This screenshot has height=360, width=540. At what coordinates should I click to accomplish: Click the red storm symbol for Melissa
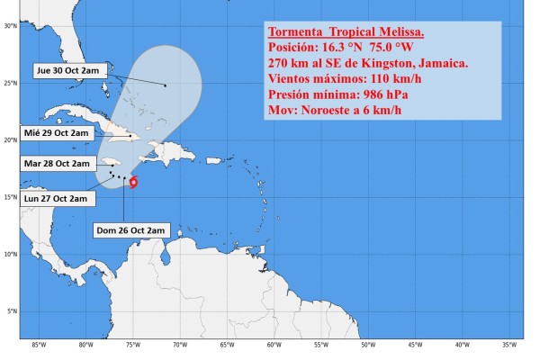[133, 183]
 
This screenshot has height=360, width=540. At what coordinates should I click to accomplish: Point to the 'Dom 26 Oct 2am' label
[130, 230]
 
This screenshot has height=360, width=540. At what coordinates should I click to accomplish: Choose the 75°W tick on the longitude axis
[132, 345]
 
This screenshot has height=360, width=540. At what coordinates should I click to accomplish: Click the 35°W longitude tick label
[508, 345]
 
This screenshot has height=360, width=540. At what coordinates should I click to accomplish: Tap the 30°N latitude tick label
[10, 26]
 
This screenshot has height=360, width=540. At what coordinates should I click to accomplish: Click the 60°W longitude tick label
[274, 345]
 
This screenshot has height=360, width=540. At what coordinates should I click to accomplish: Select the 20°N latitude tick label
[10, 140]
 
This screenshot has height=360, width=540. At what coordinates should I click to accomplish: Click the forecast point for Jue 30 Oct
[166, 85]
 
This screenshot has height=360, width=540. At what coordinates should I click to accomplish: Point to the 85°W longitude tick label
[39, 345]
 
